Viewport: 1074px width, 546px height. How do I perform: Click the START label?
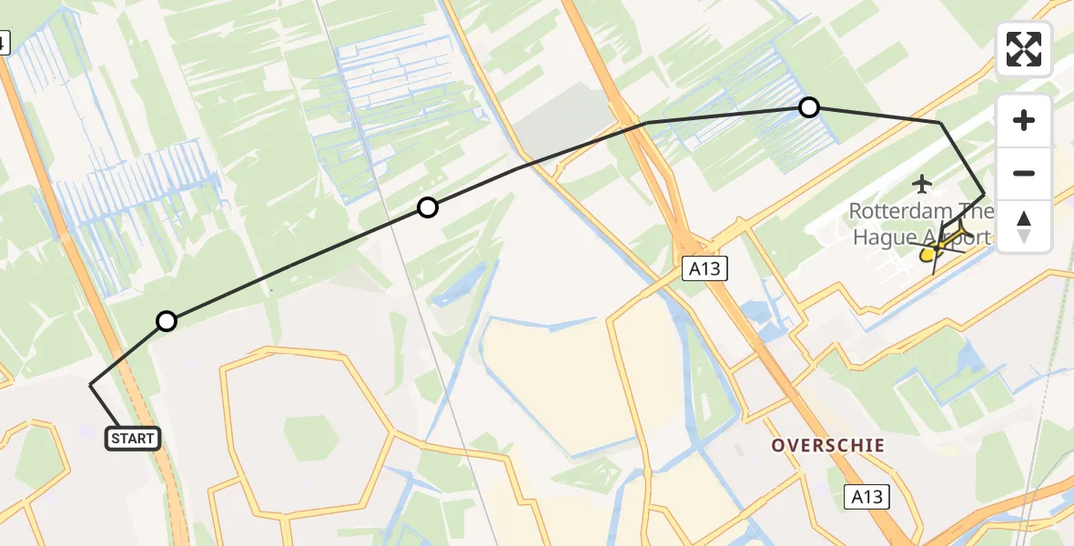point(133,439)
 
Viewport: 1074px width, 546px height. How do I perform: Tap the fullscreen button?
point(1024,49)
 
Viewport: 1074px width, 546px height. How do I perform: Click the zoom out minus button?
point(1024,173)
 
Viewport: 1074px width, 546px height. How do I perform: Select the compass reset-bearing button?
point(1024,227)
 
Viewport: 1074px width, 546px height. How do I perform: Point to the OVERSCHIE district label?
point(827,446)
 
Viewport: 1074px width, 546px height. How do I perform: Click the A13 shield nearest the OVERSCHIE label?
point(866,497)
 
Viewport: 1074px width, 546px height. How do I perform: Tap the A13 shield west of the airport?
point(705,268)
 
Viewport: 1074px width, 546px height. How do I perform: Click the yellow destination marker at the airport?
point(927,256)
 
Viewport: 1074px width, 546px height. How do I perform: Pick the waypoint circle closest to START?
point(166,320)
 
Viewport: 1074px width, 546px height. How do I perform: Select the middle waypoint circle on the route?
point(427,207)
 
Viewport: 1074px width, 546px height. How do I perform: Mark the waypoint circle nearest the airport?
point(808,107)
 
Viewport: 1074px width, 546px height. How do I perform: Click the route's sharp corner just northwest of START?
point(90,386)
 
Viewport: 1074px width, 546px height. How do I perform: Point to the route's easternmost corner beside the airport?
point(984,195)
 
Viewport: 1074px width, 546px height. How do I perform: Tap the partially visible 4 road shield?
point(4,42)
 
